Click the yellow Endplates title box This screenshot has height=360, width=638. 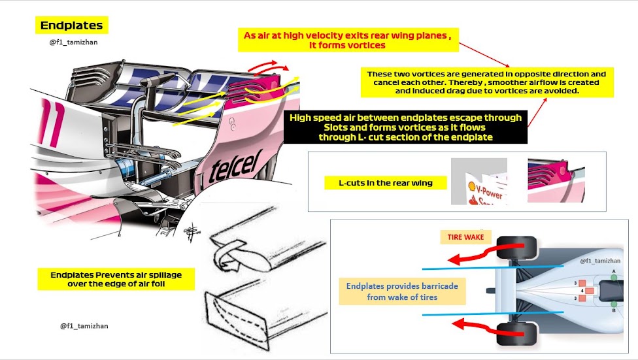[x=71, y=25]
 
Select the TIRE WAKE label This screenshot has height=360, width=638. [x=465, y=237]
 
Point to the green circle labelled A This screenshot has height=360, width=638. [x=613, y=277]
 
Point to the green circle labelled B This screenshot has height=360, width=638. [x=613, y=304]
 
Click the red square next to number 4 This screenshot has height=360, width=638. [x=591, y=290]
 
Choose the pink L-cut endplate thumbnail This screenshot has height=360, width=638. [x=555, y=182]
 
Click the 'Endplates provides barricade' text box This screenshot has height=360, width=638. [x=403, y=291]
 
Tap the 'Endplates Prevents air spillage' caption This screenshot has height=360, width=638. [x=116, y=280]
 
